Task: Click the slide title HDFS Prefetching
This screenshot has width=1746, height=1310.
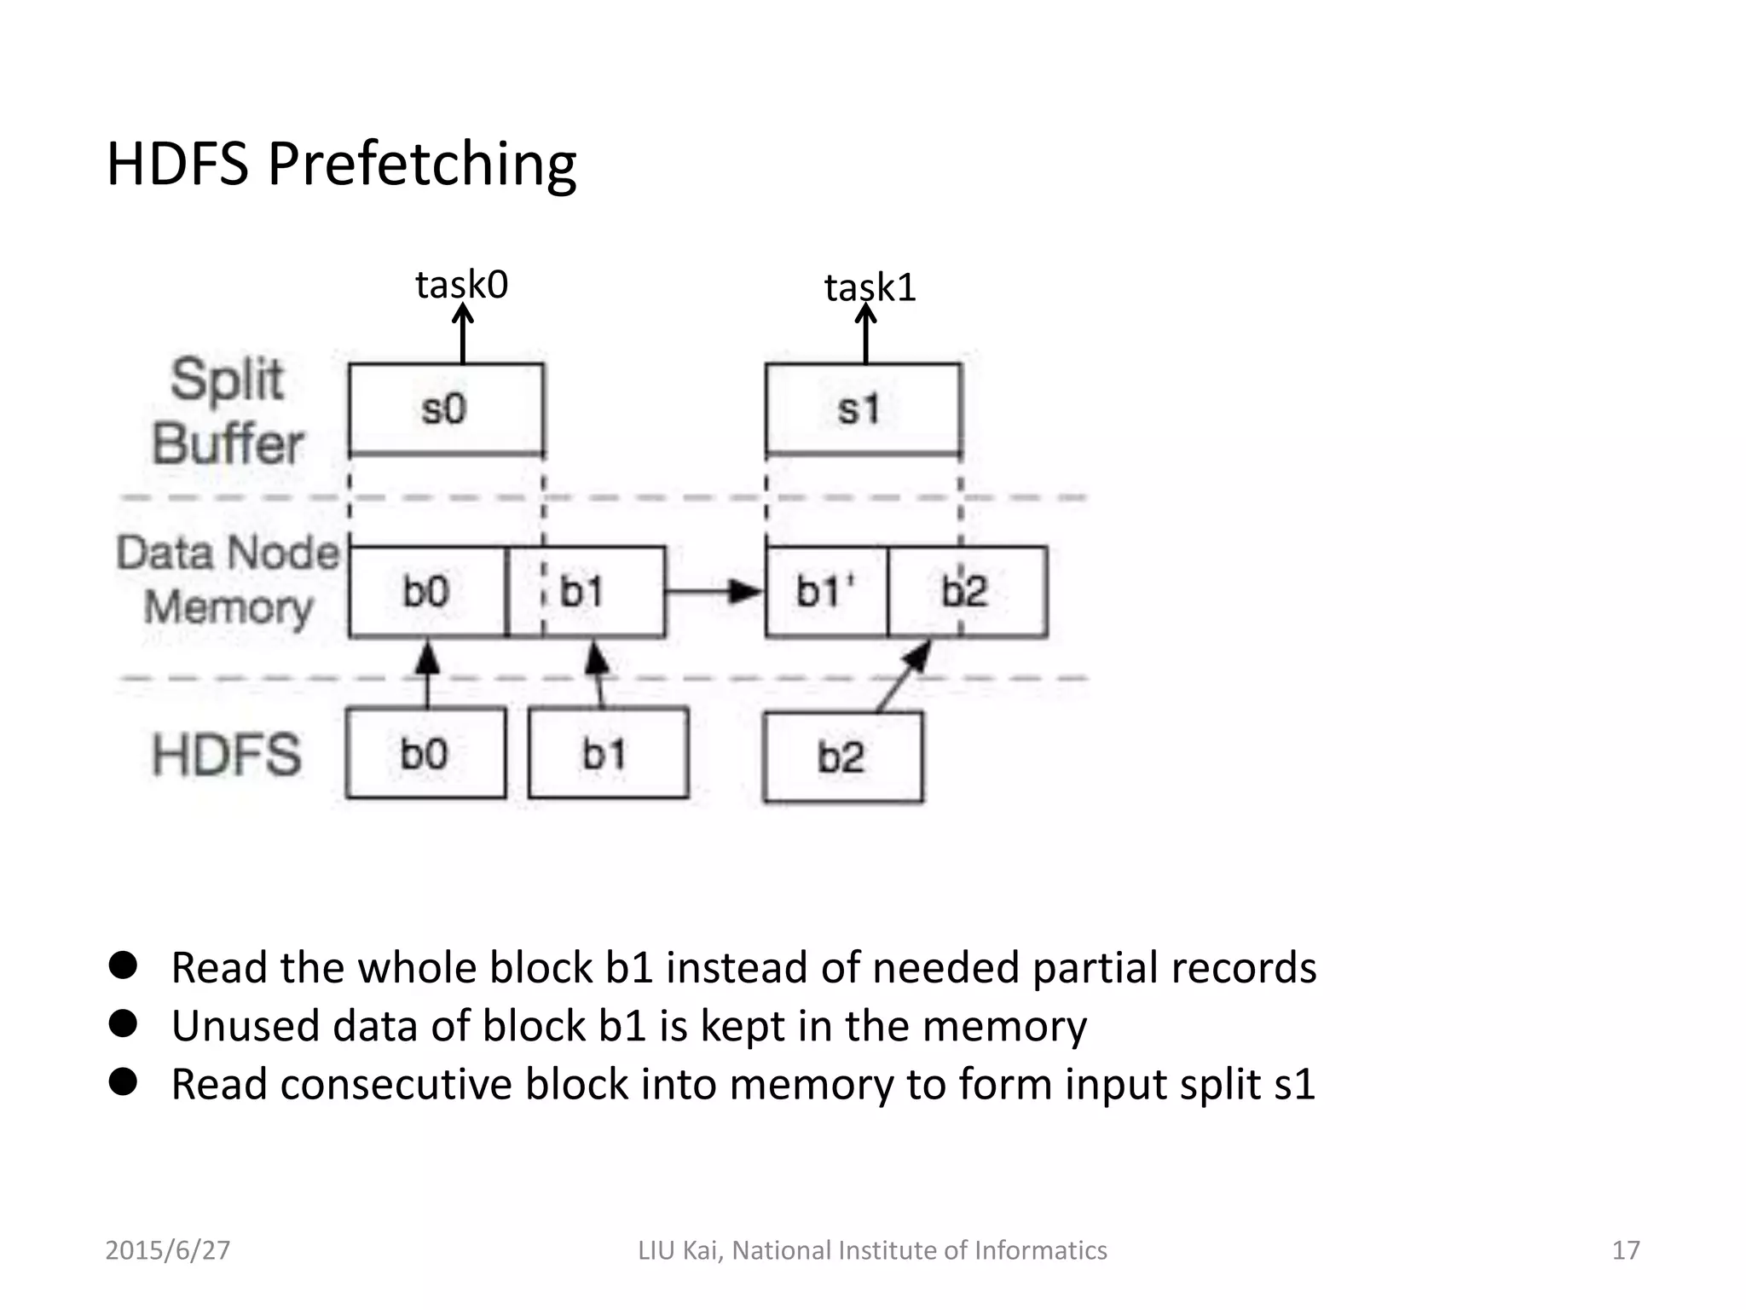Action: pos(341,164)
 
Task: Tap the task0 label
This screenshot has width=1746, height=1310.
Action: pos(461,285)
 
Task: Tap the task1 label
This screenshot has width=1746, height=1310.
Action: pos(870,287)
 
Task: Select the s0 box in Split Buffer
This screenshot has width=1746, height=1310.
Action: pos(446,409)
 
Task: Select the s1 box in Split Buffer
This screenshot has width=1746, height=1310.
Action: pos(863,409)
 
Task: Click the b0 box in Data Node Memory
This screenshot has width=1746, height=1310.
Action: pos(427,592)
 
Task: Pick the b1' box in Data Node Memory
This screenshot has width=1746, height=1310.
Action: pos(826,592)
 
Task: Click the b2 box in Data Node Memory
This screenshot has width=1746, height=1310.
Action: pos(967,592)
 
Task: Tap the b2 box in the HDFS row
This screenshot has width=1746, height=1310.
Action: pos(842,757)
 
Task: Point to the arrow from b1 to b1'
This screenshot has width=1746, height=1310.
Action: pos(713,591)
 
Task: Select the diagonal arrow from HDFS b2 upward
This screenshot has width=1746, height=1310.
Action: pos(904,675)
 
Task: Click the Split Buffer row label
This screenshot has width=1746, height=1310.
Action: pos(227,411)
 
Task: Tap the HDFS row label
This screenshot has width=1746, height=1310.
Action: pos(227,755)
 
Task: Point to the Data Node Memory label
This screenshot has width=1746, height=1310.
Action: pos(228,580)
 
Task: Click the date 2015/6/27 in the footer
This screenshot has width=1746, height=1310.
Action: pos(167,1250)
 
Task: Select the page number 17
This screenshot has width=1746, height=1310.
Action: pos(1626,1250)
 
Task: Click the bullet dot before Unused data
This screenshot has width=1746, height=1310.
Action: pos(124,1024)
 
